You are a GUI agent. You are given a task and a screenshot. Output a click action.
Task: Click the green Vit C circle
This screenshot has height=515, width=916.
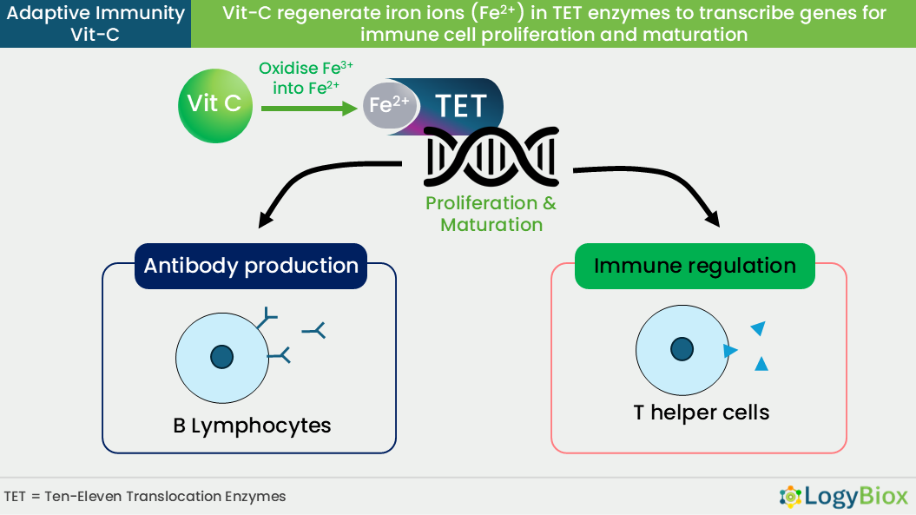pyautogui.click(x=215, y=106)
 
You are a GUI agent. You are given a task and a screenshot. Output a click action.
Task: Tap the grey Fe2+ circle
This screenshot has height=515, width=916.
pyautogui.click(x=390, y=106)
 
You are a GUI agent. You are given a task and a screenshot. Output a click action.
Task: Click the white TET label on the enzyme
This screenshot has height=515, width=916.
pyautogui.click(x=461, y=107)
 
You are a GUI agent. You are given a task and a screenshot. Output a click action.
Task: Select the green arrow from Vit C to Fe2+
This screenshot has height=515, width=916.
pyautogui.click(x=309, y=109)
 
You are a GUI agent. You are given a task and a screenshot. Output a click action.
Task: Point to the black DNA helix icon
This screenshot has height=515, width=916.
pyautogui.click(x=491, y=156)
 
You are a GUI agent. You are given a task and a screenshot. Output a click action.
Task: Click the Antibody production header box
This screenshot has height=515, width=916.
pyautogui.click(x=251, y=266)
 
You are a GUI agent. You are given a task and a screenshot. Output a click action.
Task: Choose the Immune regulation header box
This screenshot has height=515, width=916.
pyautogui.click(x=695, y=266)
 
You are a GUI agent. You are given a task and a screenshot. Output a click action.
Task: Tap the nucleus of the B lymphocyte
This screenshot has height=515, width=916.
pyautogui.click(x=222, y=357)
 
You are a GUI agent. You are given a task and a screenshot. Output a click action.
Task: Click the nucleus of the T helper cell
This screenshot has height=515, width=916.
pyautogui.click(x=682, y=349)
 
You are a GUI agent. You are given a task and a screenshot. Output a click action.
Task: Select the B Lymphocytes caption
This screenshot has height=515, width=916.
pyautogui.click(x=252, y=426)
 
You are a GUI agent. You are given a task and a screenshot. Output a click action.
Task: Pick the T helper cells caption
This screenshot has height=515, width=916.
pyautogui.click(x=701, y=413)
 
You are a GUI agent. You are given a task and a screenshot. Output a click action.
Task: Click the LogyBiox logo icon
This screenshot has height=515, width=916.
pyautogui.click(x=790, y=496)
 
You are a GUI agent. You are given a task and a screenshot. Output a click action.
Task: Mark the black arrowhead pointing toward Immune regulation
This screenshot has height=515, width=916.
pyautogui.click(x=713, y=219)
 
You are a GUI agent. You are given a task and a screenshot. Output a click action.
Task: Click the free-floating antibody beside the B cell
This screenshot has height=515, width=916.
pyautogui.click(x=314, y=331)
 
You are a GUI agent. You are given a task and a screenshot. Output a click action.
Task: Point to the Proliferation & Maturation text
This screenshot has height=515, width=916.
pyautogui.click(x=491, y=214)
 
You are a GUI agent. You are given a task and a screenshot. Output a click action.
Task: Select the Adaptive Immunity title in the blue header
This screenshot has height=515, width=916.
pyautogui.click(x=96, y=13)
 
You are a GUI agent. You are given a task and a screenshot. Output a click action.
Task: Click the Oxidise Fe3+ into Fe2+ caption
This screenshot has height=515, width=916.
pyautogui.click(x=306, y=78)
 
